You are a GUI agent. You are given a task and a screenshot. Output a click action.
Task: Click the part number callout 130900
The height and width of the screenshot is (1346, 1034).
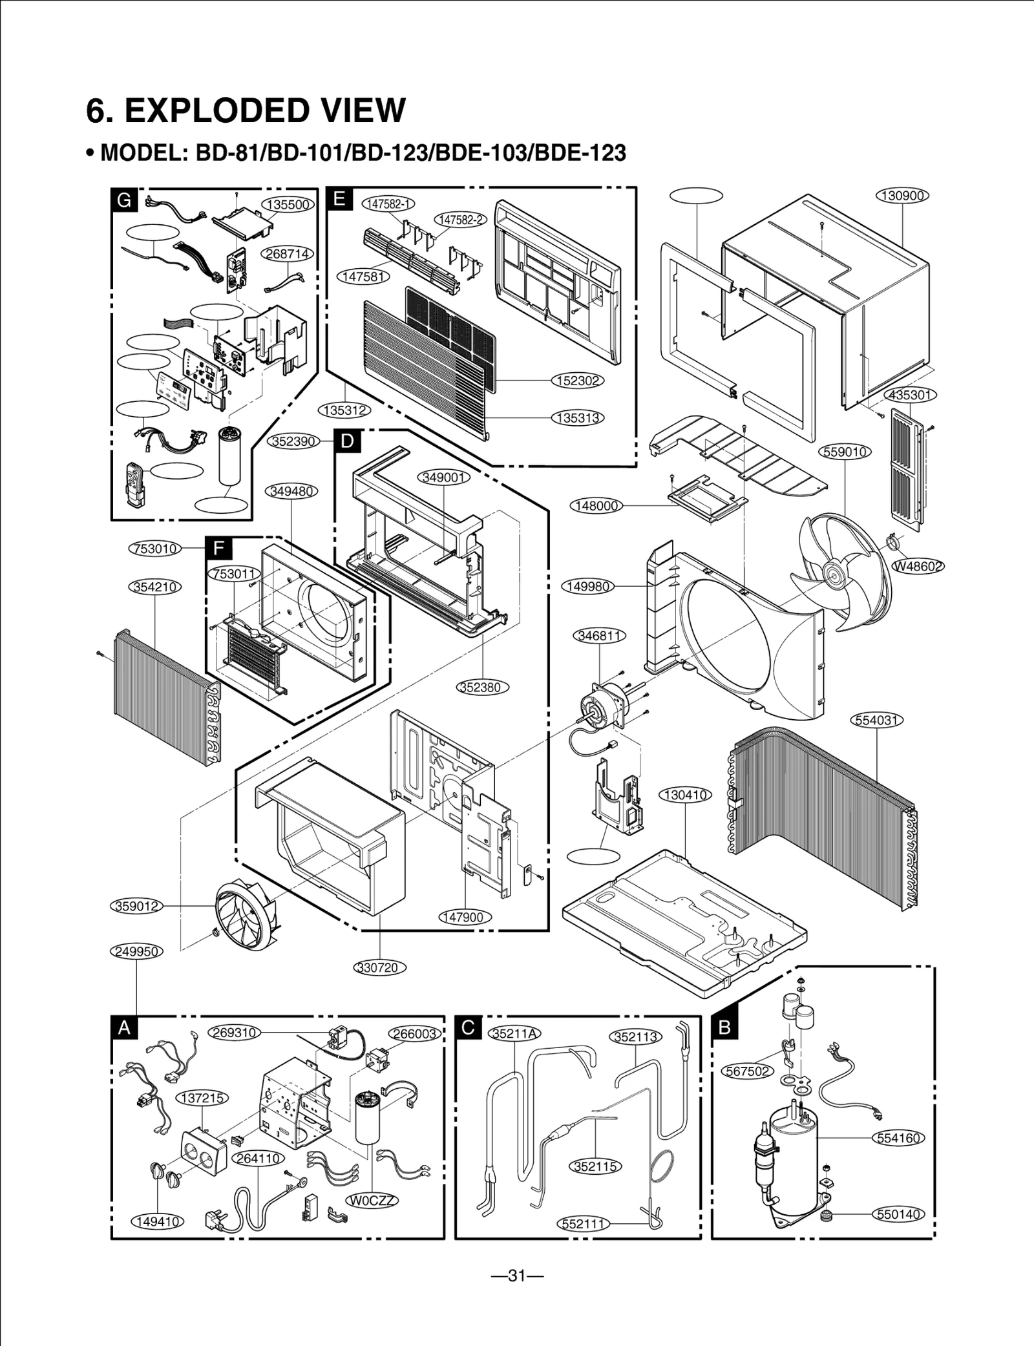(x=902, y=195)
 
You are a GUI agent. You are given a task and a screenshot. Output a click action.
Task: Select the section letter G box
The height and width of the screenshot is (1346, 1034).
(x=123, y=200)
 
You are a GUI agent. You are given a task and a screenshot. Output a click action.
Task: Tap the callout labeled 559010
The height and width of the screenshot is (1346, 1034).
(x=845, y=452)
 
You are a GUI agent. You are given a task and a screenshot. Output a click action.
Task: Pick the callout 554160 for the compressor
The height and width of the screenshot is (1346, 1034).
(x=898, y=1137)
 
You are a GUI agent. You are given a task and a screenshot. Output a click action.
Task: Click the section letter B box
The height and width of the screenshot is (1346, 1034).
(x=724, y=1027)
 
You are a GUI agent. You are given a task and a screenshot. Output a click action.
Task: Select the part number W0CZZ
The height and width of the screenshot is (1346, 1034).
(x=373, y=1201)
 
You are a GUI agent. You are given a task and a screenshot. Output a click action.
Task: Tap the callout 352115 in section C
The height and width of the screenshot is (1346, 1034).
(x=595, y=1166)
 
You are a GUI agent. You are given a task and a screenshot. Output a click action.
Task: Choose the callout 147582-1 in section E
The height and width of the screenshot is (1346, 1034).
(x=388, y=204)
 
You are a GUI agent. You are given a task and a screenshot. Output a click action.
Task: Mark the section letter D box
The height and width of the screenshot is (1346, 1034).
(x=347, y=441)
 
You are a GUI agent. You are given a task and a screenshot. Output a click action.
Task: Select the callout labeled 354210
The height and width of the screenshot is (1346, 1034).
(x=154, y=587)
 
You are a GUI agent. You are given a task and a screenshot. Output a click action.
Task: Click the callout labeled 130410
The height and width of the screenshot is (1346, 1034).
(x=684, y=795)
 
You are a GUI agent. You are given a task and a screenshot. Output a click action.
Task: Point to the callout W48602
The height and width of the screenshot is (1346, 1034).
(x=918, y=566)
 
